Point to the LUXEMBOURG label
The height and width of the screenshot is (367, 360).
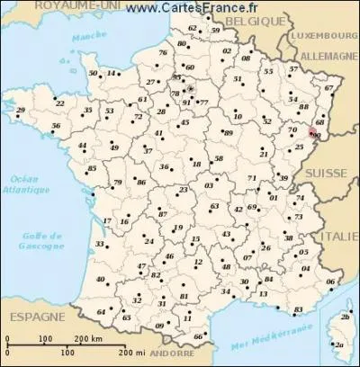[321, 40]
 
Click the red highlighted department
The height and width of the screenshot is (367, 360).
[313, 132]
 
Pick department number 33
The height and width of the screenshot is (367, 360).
[98, 244]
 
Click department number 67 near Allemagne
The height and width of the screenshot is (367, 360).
[328, 88]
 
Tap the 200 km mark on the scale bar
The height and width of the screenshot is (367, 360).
[91, 339]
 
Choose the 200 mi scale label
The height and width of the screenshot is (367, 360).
[131, 350]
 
